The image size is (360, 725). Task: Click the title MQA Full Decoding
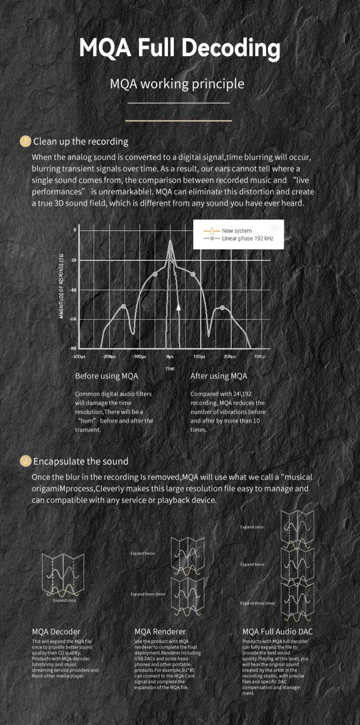(180, 48)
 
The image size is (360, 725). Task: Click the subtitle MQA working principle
(177, 84)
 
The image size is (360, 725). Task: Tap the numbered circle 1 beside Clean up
(26, 141)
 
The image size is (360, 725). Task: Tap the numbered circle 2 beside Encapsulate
(26, 461)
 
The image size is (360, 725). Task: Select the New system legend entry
(236, 231)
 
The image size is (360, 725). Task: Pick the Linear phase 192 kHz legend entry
(247, 238)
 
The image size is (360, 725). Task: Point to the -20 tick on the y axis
(73, 260)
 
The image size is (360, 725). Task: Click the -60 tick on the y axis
(73, 319)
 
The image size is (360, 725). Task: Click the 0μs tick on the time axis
(170, 357)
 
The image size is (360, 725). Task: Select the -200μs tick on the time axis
(108, 357)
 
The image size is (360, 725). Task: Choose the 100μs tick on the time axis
(199, 357)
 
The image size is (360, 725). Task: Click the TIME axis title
(170, 368)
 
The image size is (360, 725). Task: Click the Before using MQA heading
(106, 376)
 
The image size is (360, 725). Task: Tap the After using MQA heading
(218, 376)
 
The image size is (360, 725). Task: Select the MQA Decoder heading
(56, 632)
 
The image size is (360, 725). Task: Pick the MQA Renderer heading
(160, 632)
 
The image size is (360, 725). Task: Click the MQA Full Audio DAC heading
(278, 632)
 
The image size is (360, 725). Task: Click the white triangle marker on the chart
(179, 307)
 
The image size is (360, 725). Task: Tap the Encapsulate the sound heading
(81, 461)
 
